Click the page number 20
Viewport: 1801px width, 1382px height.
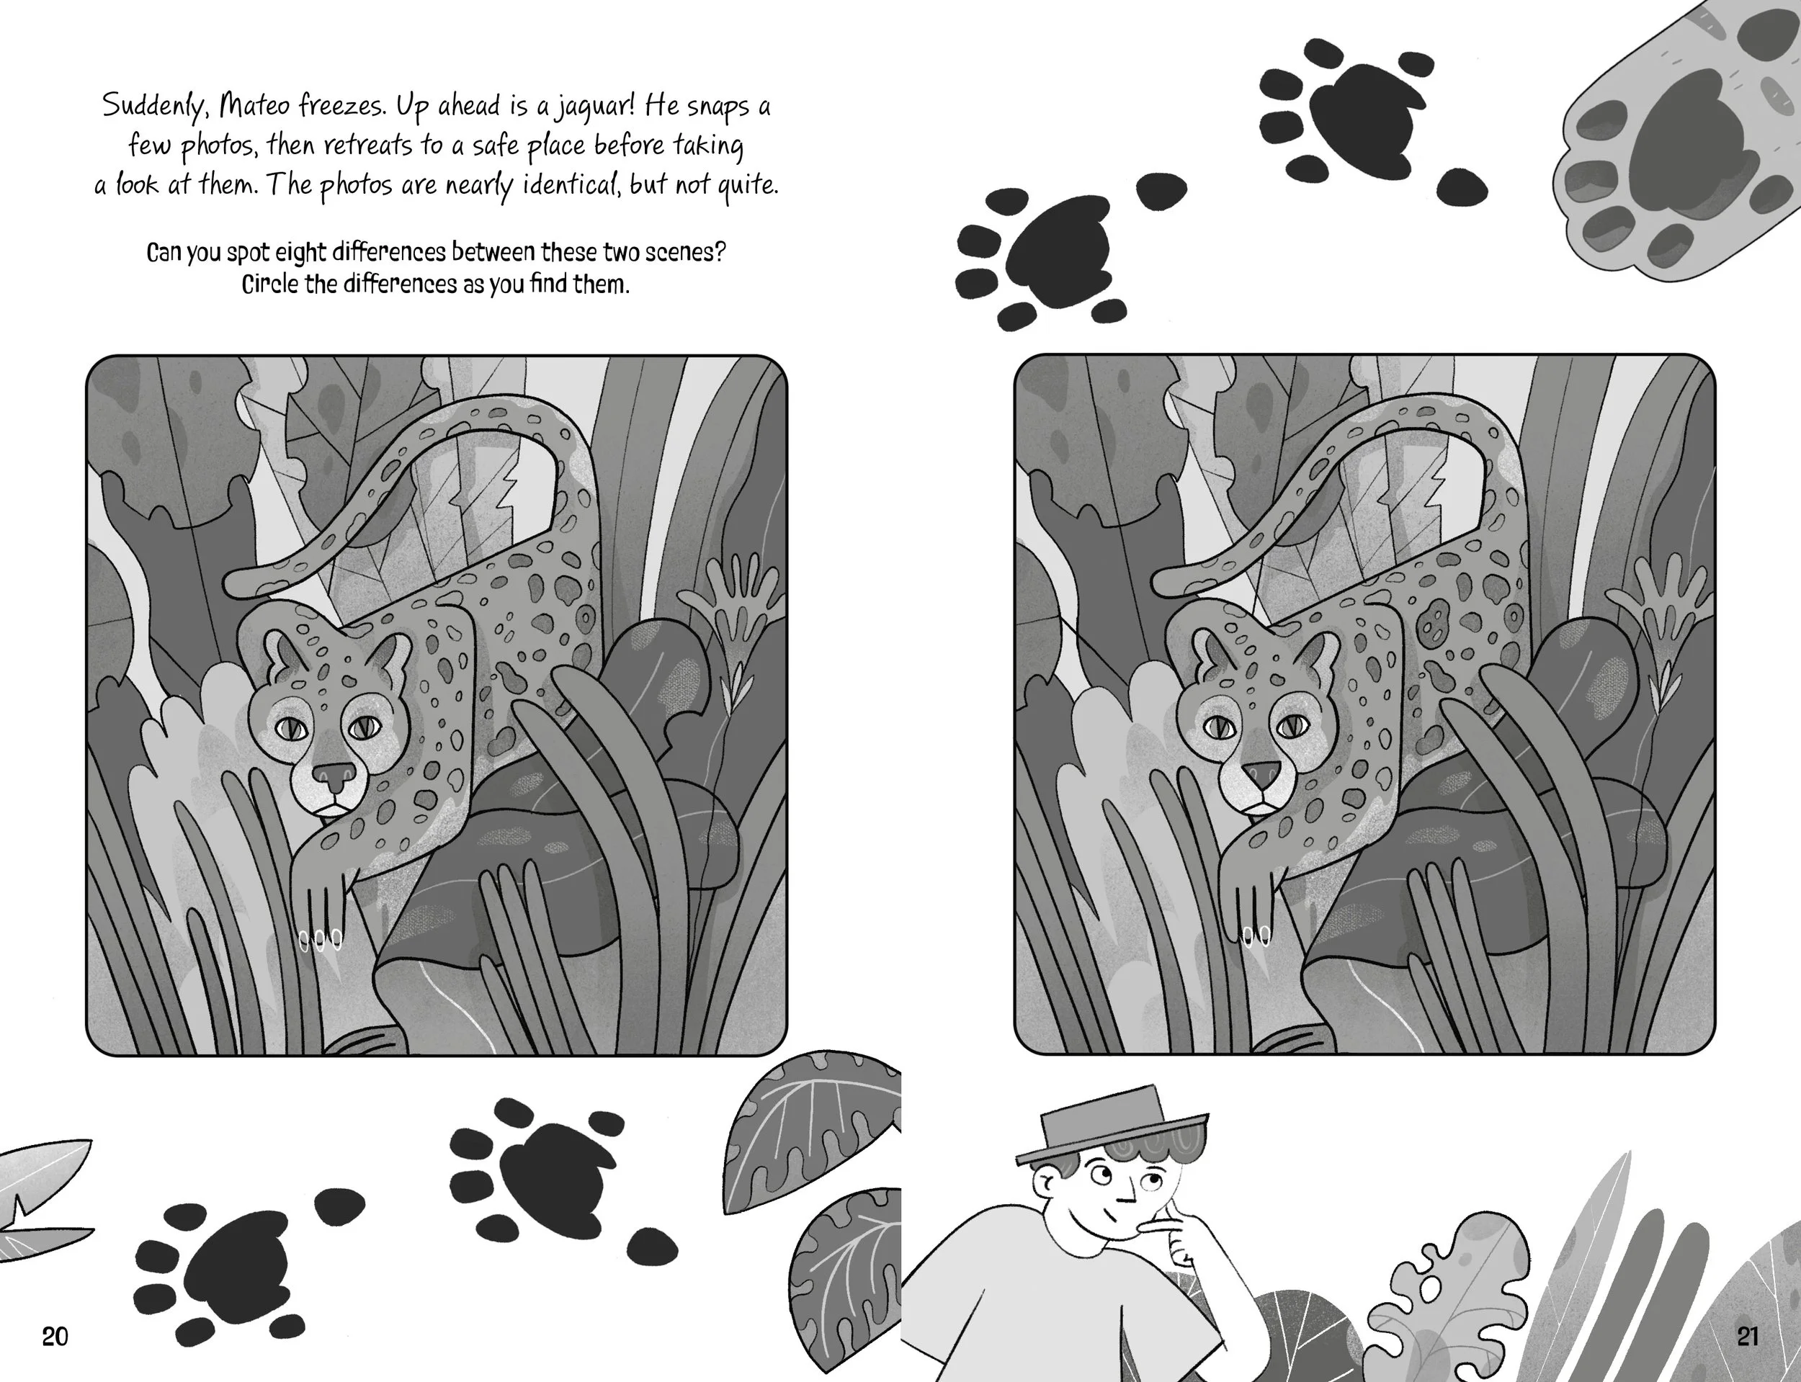55,1337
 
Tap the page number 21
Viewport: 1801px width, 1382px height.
1748,1336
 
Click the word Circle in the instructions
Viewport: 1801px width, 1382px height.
268,284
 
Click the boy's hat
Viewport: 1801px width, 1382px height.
1112,1126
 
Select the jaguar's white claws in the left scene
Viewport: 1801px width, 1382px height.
320,939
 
